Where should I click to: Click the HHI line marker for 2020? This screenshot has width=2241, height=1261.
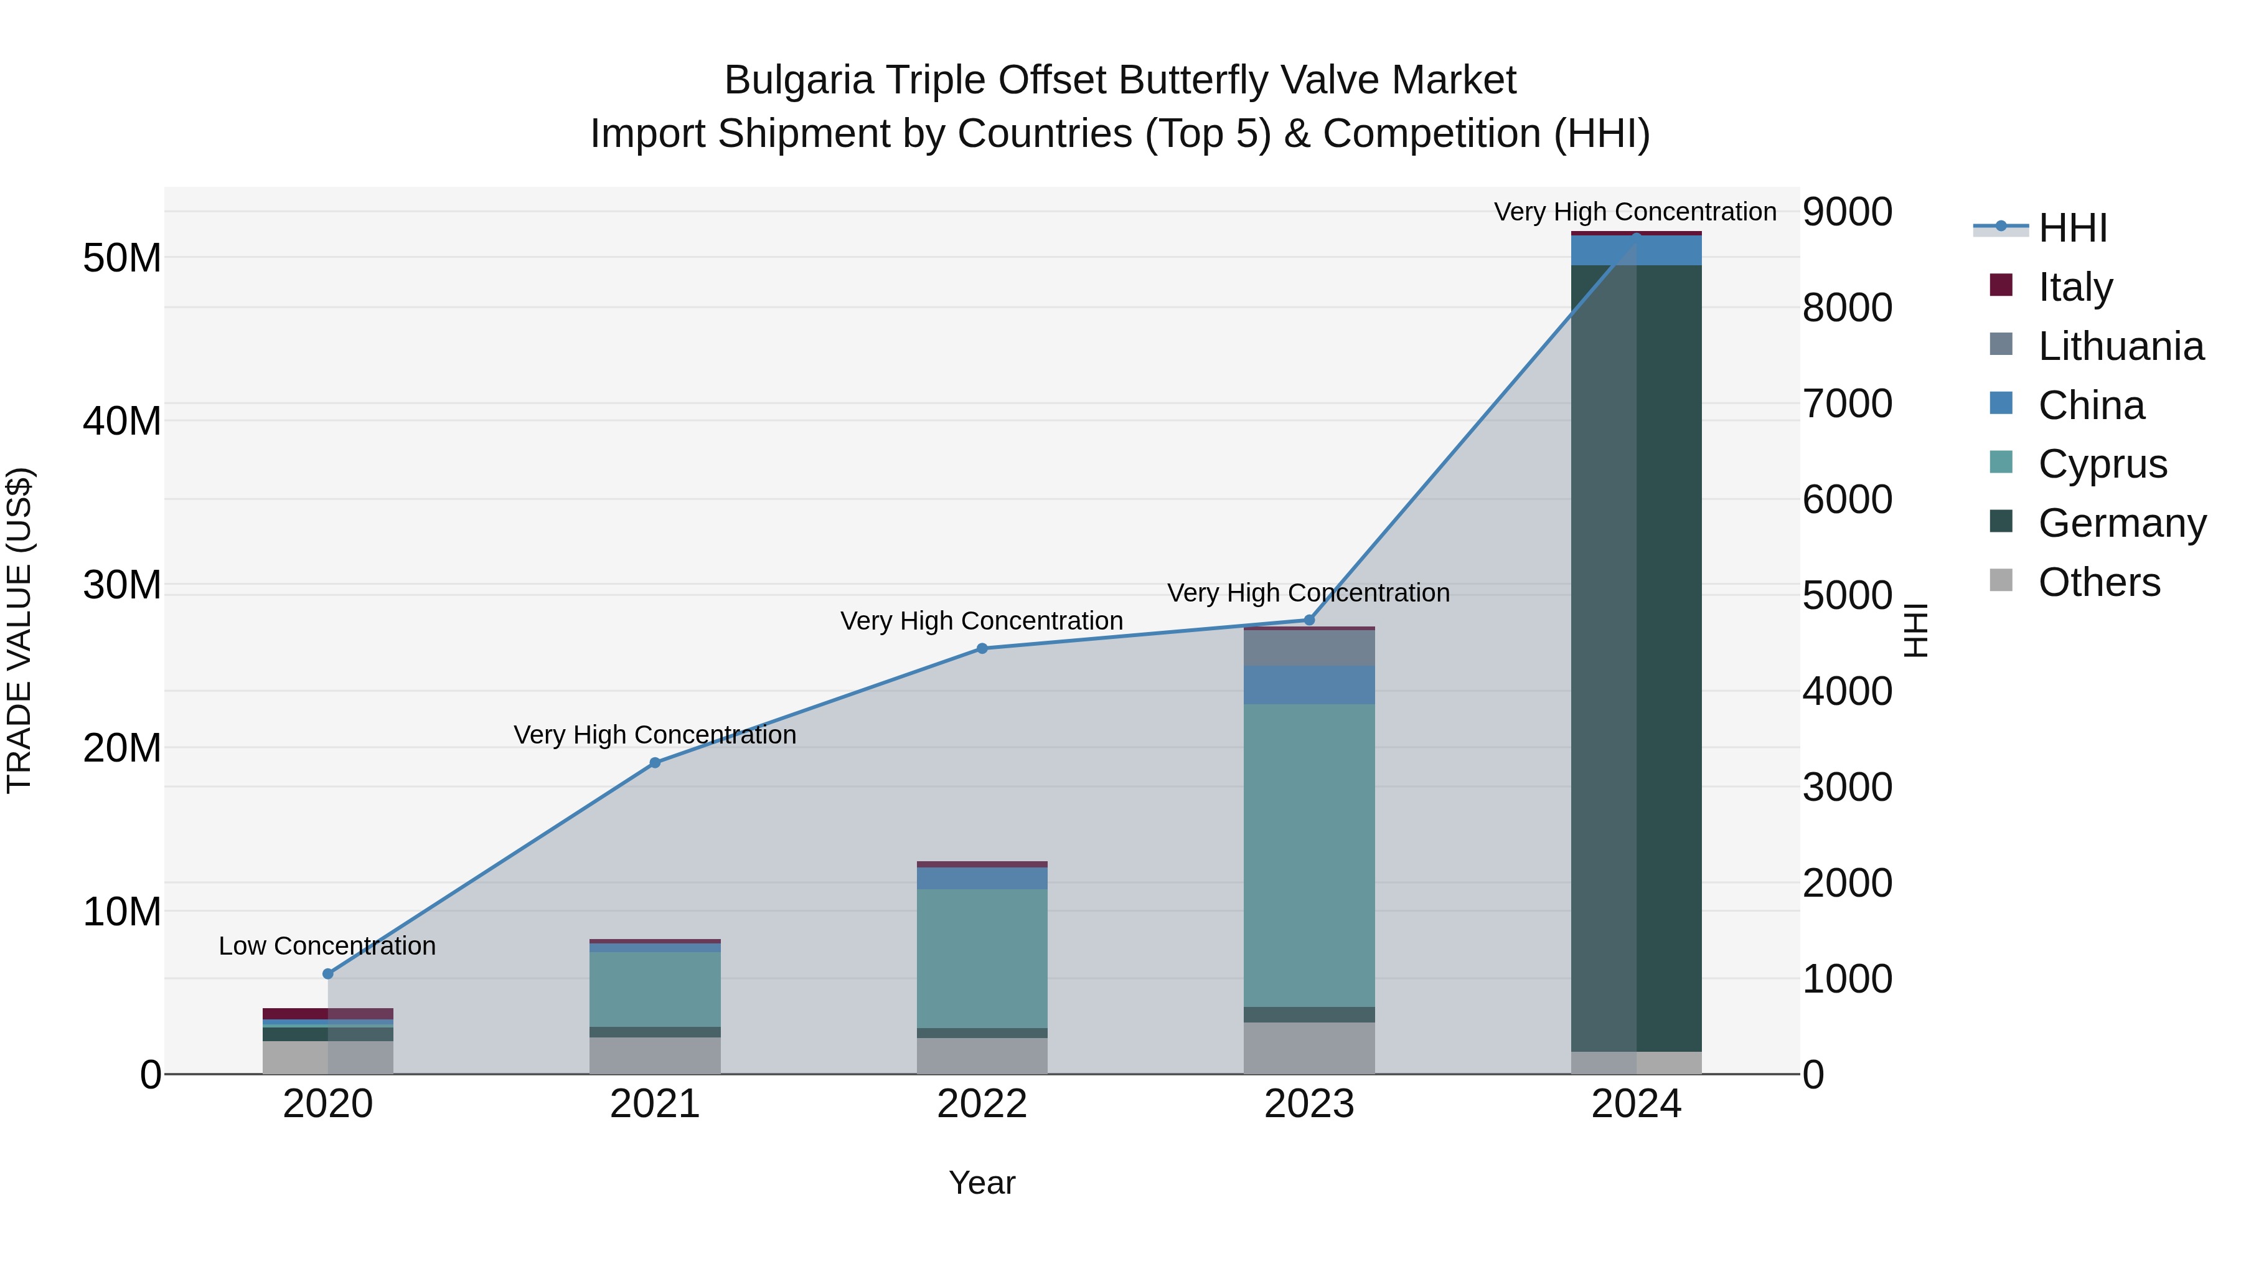[328, 974]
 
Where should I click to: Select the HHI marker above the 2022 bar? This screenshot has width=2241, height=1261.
[982, 648]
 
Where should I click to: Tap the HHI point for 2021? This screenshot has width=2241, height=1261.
[655, 763]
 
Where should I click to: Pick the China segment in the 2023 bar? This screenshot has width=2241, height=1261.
[1309, 685]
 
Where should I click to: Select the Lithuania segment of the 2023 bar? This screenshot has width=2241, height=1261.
[1309, 648]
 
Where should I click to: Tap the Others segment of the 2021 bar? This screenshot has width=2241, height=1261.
[655, 1055]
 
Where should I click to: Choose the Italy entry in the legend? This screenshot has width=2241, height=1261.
[2075, 287]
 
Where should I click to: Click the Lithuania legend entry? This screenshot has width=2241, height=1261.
[2120, 346]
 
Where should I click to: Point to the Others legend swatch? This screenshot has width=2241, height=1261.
[2001, 580]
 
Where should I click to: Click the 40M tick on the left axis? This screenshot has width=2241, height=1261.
[122, 421]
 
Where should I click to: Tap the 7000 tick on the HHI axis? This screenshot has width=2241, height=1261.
[1847, 404]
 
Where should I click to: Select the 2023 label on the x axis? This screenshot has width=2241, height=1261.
[1309, 1104]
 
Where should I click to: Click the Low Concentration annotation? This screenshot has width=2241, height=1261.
[327, 946]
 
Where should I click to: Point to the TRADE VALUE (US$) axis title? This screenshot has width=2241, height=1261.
[19, 630]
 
